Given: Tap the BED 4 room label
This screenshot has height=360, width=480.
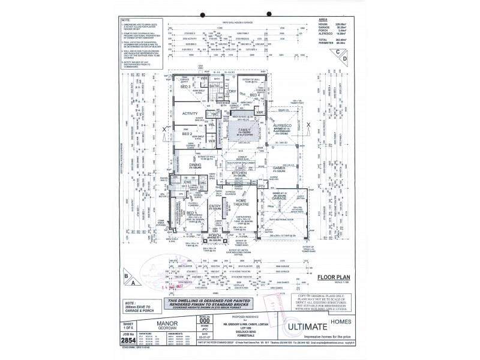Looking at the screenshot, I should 254,94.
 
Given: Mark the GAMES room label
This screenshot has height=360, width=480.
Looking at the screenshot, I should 278,167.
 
